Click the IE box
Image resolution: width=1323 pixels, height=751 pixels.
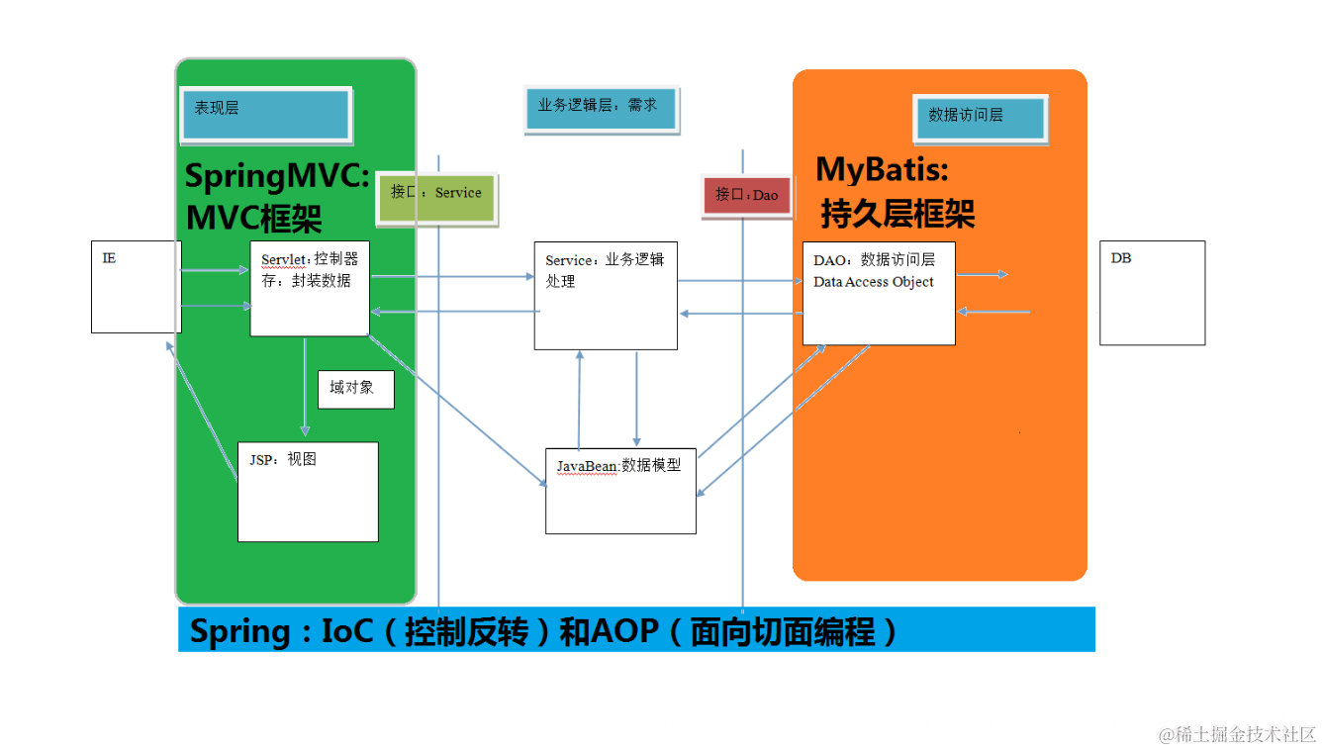(136, 287)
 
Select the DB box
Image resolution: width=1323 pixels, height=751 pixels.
(1152, 293)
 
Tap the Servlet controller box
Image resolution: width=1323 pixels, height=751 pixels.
(310, 288)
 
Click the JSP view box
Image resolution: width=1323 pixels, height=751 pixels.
(308, 492)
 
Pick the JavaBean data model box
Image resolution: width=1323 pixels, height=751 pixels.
(620, 492)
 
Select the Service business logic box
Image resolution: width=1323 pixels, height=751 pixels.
(606, 296)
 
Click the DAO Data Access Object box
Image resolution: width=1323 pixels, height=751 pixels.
(879, 293)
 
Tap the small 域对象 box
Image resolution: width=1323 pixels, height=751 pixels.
(355, 389)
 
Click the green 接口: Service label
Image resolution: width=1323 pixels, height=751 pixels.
(436, 198)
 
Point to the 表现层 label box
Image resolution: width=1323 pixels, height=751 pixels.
(265, 114)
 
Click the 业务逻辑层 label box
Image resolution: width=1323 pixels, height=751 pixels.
(601, 108)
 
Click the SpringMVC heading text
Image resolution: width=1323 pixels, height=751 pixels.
(276, 177)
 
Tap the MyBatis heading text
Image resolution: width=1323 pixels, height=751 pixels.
(882, 170)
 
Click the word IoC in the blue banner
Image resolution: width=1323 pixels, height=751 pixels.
(347, 631)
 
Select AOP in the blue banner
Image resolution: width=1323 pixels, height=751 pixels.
(625, 631)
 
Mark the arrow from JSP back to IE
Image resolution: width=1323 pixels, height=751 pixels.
(203, 411)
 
